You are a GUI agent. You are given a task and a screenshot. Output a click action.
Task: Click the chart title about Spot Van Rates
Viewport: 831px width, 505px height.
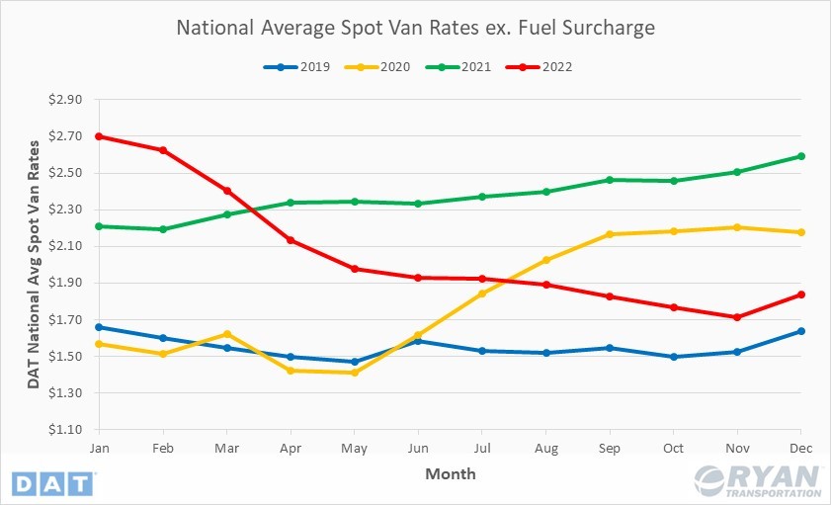(x=415, y=28)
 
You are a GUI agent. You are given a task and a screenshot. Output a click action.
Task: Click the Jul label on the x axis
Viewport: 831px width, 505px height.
(x=481, y=447)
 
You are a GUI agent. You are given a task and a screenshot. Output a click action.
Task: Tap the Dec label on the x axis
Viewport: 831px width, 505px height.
(x=801, y=447)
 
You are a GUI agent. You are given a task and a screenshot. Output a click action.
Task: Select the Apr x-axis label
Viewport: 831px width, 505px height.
(x=290, y=447)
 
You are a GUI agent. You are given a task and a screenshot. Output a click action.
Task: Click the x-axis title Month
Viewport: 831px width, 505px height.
(x=451, y=473)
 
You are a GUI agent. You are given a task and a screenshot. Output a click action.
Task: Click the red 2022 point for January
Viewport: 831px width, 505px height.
(x=99, y=136)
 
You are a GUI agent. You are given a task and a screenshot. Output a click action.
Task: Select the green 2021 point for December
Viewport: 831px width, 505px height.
(x=801, y=156)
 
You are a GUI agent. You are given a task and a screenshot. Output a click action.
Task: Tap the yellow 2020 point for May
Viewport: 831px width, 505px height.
(x=354, y=373)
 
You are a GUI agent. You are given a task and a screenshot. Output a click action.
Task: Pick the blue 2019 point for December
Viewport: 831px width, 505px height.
(x=801, y=331)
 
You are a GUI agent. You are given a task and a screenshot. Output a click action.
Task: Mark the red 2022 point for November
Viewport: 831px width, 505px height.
(x=737, y=317)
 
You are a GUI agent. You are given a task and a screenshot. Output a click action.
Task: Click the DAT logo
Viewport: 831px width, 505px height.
(x=53, y=483)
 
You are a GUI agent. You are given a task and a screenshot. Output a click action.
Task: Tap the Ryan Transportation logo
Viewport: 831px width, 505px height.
(x=759, y=481)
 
